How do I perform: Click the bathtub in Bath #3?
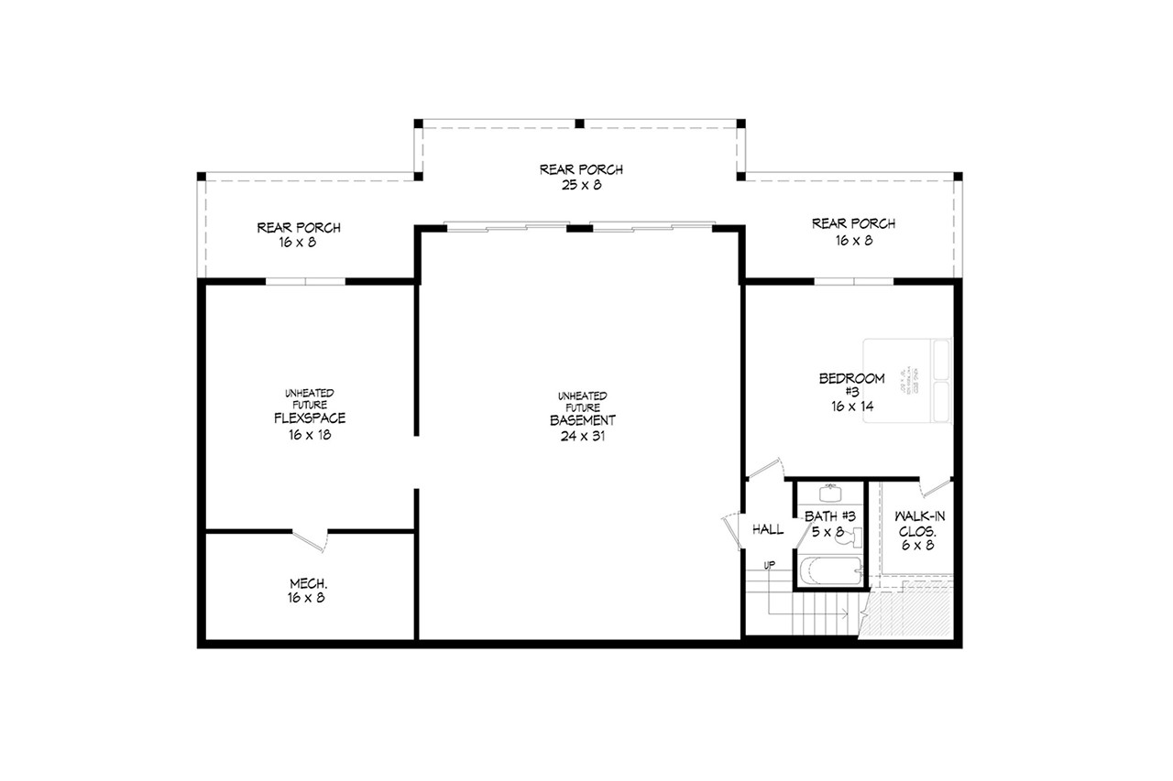tap(830, 572)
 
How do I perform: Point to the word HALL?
tap(767, 529)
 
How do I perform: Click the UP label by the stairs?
tap(771, 564)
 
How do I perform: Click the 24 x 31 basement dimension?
tap(583, 436)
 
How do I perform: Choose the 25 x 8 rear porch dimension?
tap(581, 185)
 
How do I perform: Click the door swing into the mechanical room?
tap(310, 539)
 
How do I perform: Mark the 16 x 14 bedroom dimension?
tap(851, 406)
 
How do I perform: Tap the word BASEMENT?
tap(583, 420)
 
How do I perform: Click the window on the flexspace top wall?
tap(306, 281)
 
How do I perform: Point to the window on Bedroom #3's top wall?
tap(853, 281)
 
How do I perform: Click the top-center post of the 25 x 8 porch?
tap(579, 123)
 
